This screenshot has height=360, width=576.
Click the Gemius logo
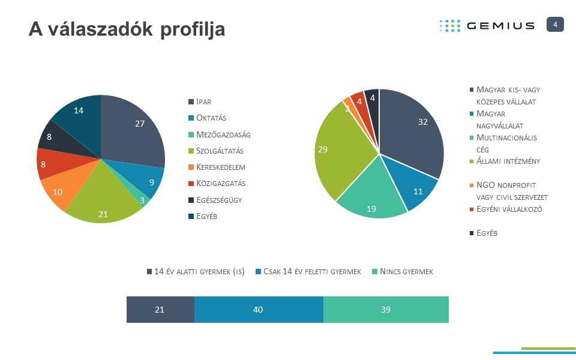pyautogui.click(x=487, y=25)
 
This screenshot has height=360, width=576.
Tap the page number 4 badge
pyautogui.click(x=555, y=24)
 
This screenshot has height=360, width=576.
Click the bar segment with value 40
pyautogui.click(x=259, y=310)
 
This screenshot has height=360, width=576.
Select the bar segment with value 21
pyautogui.click(x=160, y=310)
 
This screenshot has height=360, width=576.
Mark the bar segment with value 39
pyautogui.click(x=386, y=310)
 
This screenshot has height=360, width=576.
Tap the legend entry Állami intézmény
pyautogui.click(x=508, y=161)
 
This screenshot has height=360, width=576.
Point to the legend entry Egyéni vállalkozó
pyautogui.click(x=509, y=209)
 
